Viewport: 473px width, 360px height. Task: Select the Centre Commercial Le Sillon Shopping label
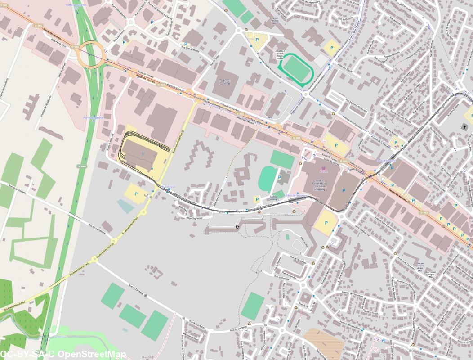tap(320, 185)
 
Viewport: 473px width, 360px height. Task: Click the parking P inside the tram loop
tap(143, 154)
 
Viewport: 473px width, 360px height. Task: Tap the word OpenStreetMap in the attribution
tap(93, 355)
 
